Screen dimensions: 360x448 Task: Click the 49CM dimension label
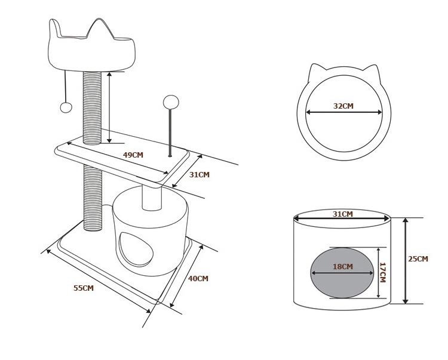pos(133,155)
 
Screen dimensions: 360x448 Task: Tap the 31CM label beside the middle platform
pos(200,175)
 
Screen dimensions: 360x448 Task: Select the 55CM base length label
pos(84,288)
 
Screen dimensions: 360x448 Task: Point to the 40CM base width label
pos(198,278)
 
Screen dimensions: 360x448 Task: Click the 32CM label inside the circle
pos(343,106)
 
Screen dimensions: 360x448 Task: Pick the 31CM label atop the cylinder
pos(342,214)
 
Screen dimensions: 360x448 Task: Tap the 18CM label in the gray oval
pos(342,267)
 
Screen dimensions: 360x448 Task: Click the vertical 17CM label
pos(383,272)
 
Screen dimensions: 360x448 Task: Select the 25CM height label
pos(418,259)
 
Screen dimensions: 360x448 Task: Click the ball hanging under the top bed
pos(66,107)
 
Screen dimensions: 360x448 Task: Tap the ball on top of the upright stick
pos(171,101)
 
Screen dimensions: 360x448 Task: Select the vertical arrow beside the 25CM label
pos(406,260)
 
